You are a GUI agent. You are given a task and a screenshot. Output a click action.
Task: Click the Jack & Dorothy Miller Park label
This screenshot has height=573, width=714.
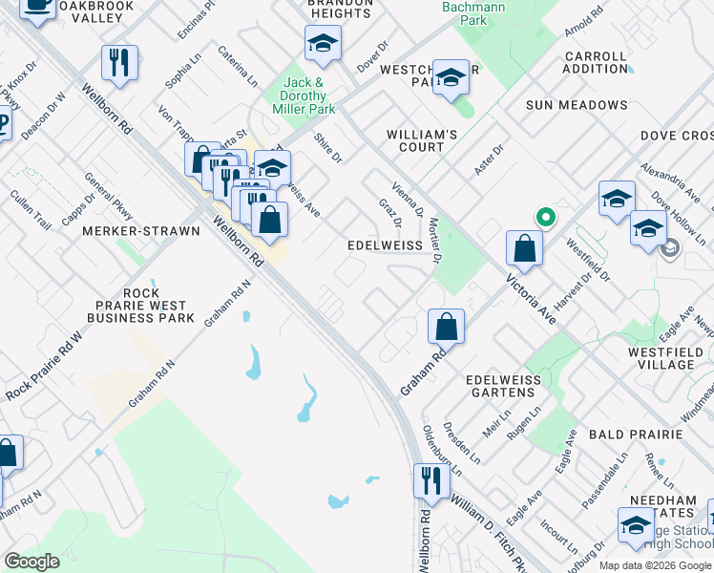(309, 96)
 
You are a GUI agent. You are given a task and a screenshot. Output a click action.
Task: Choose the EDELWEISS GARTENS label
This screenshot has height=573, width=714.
(503, 387)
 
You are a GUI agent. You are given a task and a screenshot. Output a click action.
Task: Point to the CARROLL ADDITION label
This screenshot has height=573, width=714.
(595, 63)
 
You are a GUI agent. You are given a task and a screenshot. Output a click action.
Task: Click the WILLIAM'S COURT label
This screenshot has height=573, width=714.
(415, 141)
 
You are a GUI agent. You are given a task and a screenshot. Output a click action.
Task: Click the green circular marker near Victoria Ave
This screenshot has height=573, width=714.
(545, 217)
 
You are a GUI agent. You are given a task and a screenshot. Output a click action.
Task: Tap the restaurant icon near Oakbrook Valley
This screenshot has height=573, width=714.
(119, 63)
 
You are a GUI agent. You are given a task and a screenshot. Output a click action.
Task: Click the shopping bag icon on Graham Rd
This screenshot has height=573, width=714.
(447, 327)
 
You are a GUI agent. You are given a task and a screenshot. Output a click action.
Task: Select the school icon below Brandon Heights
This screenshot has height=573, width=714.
(323, 43)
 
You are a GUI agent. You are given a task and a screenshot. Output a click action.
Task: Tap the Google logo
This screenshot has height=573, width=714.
(31, 562)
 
